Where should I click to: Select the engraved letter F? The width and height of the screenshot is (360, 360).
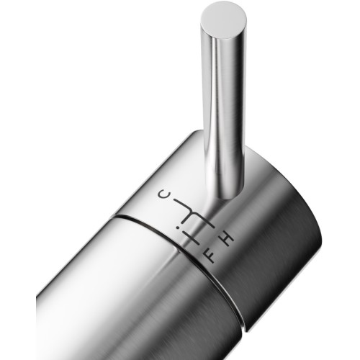click(x=210, y=256)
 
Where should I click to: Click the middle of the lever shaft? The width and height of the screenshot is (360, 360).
click(x=223, y=115)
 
